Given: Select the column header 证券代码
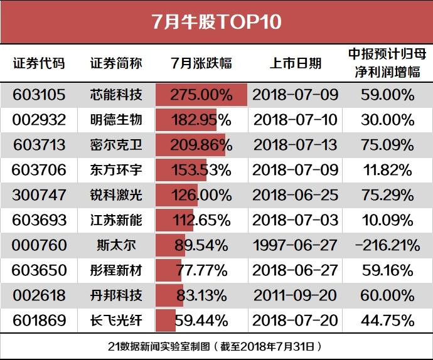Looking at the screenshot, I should [x=39, y=63].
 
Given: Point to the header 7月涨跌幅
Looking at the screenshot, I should [x=201, y=63].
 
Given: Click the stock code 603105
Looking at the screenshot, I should [x=40, y=95].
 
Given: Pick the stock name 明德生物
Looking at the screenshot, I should [x=116, y=120].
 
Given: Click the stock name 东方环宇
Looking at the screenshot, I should [x=116, y=170].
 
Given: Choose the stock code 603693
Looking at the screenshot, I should [x=40, y=220].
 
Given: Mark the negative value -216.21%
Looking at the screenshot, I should [x=387, y=245].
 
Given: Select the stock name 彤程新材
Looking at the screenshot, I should [x=116, y=270].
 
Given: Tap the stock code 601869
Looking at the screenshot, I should [x=40, y=320].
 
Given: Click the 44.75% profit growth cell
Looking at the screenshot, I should [x=387, y=320].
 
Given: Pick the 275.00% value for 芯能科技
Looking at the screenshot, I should [x=201, y=95].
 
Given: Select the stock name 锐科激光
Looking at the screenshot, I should [x=116, y=195].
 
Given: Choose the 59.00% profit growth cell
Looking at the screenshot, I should [x=387, y=95].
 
